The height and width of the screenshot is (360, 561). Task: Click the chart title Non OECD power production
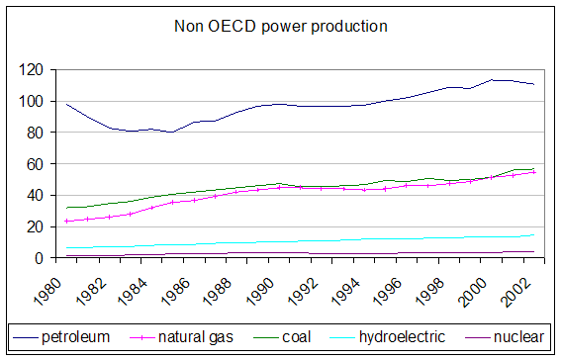280,27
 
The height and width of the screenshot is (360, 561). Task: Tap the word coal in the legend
296,337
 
